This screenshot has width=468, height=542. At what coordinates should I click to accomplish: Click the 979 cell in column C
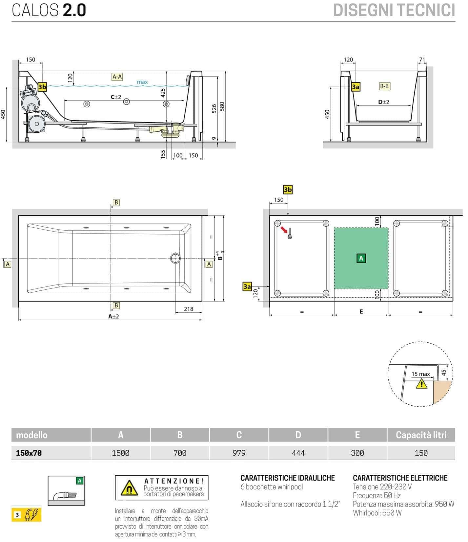[x=239, y=453]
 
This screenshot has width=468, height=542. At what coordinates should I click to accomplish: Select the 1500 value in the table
[x=120, y=453]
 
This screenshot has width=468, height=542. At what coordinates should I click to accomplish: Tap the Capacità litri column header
[x=421, y=435]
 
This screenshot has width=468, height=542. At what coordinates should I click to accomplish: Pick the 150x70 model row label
[x=29, y=453]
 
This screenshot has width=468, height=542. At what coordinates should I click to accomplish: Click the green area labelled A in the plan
[x=361, y=258]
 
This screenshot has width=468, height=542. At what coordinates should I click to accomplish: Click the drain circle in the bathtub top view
[x=175, y=258]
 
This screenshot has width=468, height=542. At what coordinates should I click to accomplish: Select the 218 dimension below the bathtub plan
[x=189, y=309]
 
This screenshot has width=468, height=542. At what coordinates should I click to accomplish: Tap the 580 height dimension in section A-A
[x=222, y=106]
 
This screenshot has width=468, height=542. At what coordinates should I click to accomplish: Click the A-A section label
[x=117, y=77]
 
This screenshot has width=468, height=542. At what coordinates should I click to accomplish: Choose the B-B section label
[x=384, y=86]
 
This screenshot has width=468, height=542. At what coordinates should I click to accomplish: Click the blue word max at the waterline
[x=142, y=82]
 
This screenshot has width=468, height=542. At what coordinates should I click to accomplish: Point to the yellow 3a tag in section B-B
[x=356, y=87]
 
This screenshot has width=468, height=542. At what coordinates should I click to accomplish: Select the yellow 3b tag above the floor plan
[x=288, y=190]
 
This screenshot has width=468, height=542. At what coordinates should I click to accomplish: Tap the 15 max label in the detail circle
[x=420, y=374]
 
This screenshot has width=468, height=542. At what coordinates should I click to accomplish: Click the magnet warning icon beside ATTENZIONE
[x=129, y=488]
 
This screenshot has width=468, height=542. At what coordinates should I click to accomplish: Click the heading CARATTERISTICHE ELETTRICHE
[x=400, y=478]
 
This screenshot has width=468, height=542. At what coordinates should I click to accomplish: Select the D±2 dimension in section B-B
[x=383, y=102]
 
